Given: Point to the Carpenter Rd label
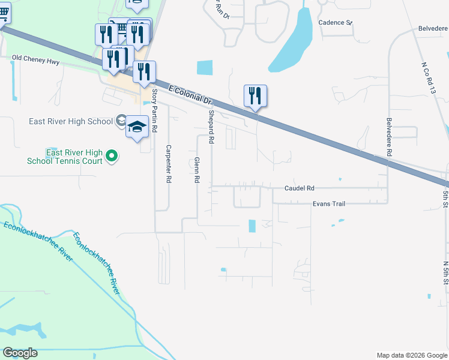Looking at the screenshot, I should tap(169, 164).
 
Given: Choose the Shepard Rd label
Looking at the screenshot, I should tap(211, 127).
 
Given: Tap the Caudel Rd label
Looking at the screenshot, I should tap(299, 188).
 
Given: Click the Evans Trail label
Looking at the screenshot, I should tap(328, 204).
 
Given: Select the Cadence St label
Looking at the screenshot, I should tap(335, 22).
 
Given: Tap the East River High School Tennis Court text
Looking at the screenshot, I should tap(65, 157).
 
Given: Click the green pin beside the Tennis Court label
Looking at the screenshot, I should tap(111, 157).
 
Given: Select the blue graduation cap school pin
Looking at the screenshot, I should tap(137, 127).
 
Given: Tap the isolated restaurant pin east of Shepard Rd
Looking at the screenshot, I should tap(255, 96).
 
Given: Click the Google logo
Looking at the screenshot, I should tap(20, 353).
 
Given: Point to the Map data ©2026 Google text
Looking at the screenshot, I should tap(412, 355).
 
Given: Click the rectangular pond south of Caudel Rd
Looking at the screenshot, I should tap(252, 226).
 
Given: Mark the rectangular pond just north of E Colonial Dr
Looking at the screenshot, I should tap(205, 68).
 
